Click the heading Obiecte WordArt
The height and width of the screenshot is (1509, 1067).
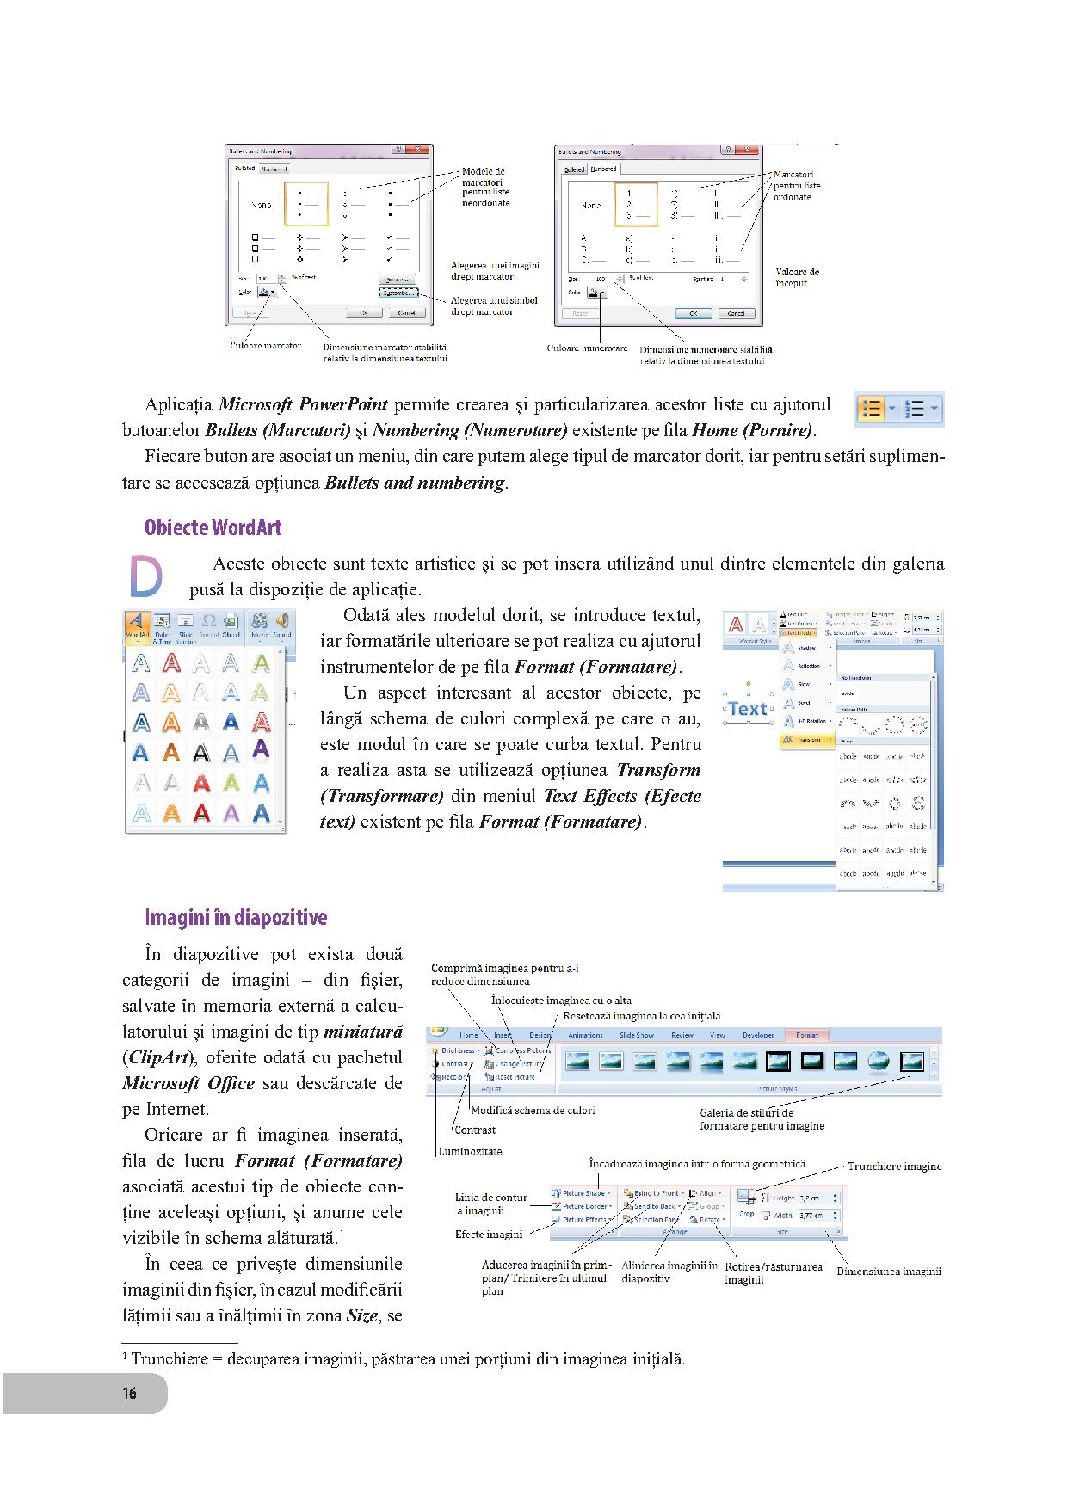tap(213, 527)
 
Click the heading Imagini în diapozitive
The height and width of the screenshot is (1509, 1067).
tap(236, 917)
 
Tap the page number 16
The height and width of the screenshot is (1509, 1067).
tap(129, 1393)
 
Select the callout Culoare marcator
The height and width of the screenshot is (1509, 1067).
tap(266, 346)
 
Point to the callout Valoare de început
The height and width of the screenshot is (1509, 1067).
tap(797, 277)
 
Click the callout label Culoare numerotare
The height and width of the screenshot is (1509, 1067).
tap(587, 348)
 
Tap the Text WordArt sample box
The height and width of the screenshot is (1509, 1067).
tap(747, 709)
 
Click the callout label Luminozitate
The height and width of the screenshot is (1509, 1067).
tap(470, 1151)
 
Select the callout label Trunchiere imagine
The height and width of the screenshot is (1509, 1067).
tap(894, 1167)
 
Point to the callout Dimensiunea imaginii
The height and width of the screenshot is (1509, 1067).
tap(889, 1271)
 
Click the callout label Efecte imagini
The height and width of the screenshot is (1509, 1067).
tap(488, 1235)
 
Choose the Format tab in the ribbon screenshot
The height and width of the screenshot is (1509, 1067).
tap(806, 1035)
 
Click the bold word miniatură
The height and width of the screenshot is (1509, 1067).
tap(362, 1031)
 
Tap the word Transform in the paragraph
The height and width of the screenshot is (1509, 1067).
tap(658, 770)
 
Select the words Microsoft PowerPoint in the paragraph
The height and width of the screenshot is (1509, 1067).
tap(303, 404)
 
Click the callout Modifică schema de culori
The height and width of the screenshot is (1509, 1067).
tap(533, 1110)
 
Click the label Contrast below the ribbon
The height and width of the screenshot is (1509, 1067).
tap(475, 1130)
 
